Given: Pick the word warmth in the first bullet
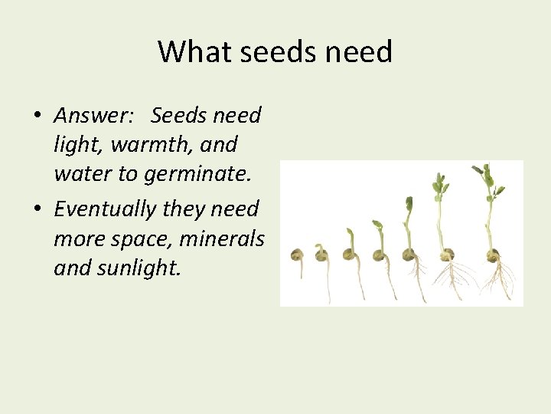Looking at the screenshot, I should [144, 144].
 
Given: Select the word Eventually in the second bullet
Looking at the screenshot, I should [104, 209].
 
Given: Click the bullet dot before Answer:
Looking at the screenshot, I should [36, 117].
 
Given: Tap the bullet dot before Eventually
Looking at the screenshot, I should [36, 209].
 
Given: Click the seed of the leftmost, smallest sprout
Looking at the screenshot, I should [297, 256].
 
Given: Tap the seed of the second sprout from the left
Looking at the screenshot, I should [322, 255].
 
